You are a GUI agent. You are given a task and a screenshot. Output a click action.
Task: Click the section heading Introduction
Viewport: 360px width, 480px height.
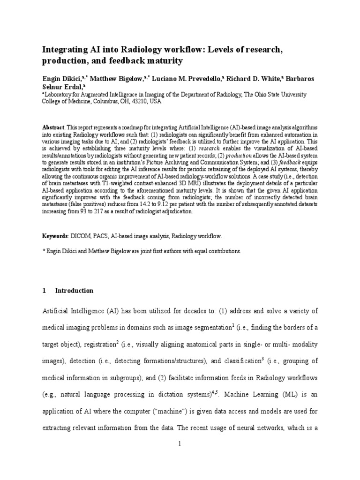coord(74,291)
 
